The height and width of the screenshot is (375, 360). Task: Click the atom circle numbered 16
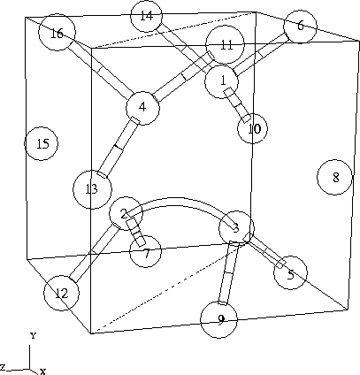tap(57, 32)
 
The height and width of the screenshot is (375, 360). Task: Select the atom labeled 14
tap(146, 16)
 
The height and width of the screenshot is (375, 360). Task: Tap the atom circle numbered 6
tap(300, 27)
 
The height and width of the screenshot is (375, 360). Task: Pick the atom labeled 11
tap(226, 44)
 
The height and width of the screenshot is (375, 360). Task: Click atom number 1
tap(221, 81)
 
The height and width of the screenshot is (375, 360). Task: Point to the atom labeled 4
tap(142, 108)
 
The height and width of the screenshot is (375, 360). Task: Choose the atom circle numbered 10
tap(253, 128)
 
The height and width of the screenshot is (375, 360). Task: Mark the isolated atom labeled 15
tap(41, 143)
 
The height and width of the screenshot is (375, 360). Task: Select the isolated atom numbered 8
tap(334, 178)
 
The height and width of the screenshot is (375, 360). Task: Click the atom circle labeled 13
tap(92, 189)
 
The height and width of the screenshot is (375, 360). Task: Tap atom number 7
tap(146, 251)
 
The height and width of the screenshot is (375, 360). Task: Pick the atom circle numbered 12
tap(62, 293)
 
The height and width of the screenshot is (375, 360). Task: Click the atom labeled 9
tap(218, 319)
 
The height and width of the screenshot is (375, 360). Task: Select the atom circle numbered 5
tap(290, 272)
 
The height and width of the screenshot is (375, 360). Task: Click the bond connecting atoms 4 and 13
tap(119, 147)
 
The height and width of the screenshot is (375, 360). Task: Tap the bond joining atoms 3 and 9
tap(228, 272)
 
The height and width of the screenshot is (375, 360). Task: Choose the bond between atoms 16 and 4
tap(100, 68)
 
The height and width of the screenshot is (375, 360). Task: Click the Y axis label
tap(33, 335)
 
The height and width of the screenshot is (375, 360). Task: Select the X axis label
tap(42, 371)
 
